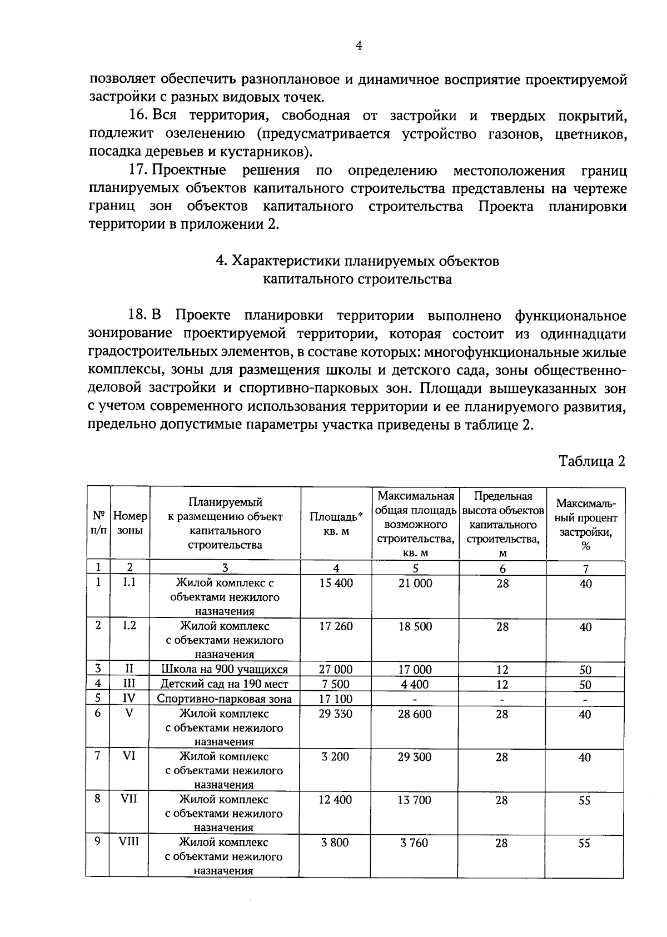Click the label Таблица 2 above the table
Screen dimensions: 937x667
click(592, 461)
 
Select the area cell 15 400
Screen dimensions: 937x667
click(336, 583)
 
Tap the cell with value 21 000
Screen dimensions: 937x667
click(415, 583)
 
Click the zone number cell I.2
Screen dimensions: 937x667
click(129, 625)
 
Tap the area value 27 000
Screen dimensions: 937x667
click(336, 669)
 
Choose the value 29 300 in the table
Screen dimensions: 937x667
click(415, 757)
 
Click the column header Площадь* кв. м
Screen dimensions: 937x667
click(336, 523)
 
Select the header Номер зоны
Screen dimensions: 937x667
click(130, 523)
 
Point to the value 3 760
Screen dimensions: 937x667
click(415, 843)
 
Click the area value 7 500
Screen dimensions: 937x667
click(336, 684)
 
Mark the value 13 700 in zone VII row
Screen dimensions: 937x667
click(415, 800)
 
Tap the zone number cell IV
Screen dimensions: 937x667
click(129, 699)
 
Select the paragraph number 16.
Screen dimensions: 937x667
click(137, 116)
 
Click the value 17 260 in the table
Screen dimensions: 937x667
click(336, 626)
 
